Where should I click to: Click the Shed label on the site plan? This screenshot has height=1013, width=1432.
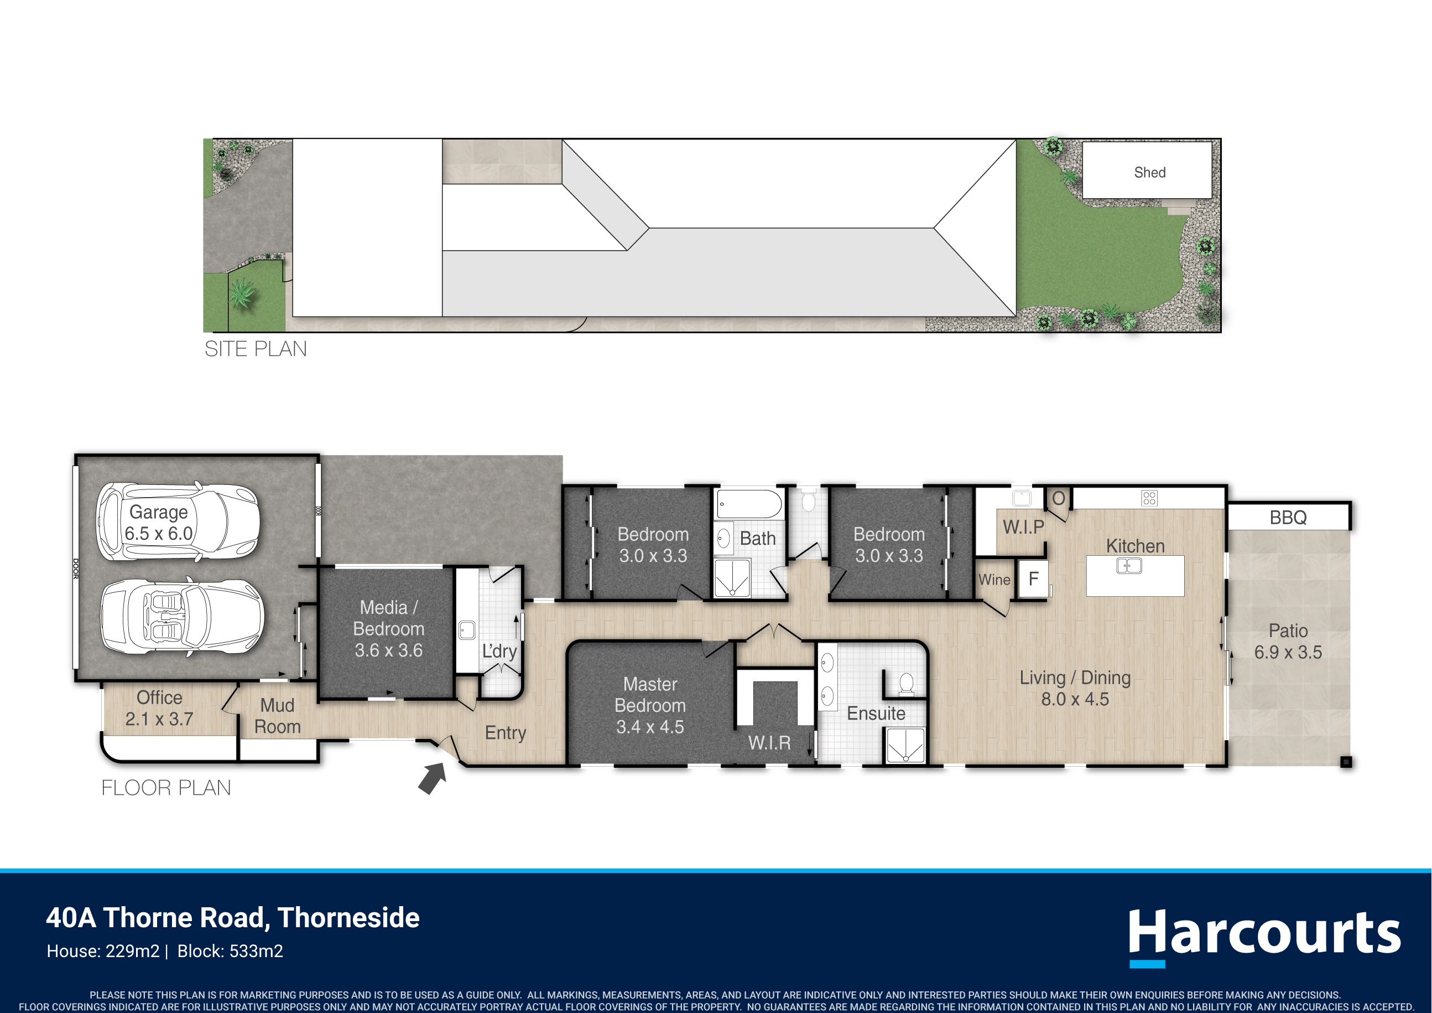1149,172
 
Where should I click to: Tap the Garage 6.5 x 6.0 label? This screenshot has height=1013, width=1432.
158,523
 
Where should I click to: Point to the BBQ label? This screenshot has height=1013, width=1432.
1288,518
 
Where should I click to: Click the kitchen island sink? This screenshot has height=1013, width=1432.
1129,566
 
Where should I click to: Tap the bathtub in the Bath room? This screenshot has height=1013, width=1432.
749,504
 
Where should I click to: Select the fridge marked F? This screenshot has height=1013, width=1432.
1033,579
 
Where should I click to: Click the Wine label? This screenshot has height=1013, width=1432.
994,580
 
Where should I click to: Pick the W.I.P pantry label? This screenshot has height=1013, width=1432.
1023,527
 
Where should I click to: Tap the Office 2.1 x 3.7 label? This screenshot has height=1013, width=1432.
159,709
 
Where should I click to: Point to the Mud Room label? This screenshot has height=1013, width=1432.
278,716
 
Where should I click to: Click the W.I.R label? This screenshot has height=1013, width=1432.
769,743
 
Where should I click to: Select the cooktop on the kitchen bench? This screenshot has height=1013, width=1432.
1149,498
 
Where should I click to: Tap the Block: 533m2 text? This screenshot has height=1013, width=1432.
230,951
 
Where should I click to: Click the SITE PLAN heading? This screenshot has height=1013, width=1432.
256,348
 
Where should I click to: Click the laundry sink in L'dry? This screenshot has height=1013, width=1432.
466,630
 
